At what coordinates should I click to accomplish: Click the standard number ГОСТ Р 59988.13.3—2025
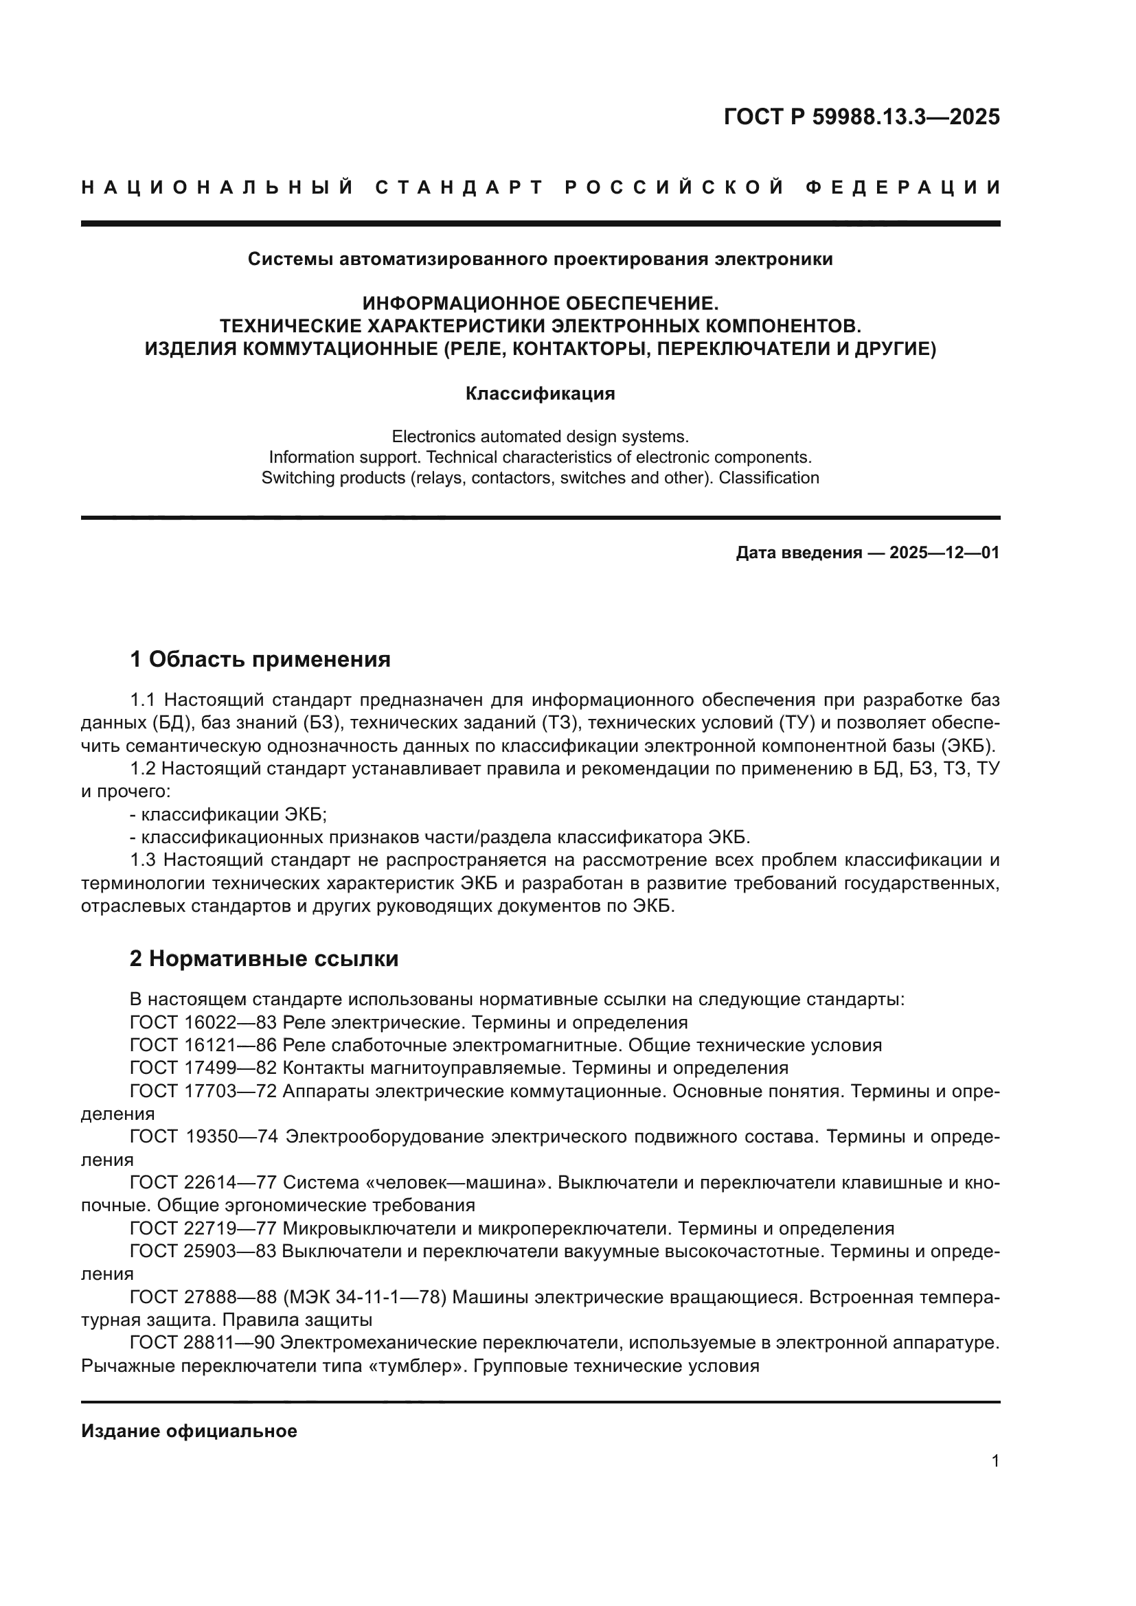tap(861, 117)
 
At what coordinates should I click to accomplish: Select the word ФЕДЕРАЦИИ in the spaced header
tap(903, 187)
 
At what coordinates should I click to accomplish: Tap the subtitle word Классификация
tap(540, 394)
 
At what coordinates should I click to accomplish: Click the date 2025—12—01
tap(944, 553)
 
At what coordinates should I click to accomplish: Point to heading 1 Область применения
tap(260, 659)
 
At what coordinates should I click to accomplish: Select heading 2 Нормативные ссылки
tap(264, 959)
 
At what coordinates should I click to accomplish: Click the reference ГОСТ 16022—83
tap(203, 1022)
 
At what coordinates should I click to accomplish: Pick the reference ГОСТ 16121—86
tap(203, 1046)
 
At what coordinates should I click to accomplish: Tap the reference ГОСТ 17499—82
tap(203, 1068)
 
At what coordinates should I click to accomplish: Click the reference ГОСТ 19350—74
tap(203, 1136)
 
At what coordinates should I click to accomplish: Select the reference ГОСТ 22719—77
tap(203, 1228)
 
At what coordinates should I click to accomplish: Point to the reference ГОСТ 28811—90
tap(203, 1343)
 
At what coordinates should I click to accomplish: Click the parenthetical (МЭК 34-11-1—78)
tap(365, 1298)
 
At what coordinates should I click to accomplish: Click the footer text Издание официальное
tap(189, 1431)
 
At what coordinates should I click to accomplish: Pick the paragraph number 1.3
tap(144, 860)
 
